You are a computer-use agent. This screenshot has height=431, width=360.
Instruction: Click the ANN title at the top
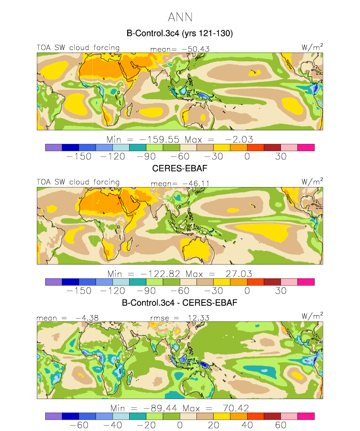coord(180,17)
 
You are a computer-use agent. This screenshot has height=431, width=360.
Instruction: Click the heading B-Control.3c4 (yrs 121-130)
coord(180,33)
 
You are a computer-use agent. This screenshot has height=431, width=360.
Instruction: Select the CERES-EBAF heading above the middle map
coord(180,168)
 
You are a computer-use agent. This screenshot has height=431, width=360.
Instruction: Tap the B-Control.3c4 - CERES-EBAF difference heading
coord(180,303)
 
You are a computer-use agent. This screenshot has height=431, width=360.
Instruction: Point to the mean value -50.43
coord(195,49)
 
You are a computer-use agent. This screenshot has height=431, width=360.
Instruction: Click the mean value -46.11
coord(196,183)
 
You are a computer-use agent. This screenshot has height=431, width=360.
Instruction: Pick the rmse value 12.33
coord(198,318)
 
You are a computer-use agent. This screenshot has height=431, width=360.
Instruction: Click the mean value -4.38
coord(87,318)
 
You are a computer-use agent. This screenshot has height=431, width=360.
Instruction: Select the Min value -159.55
coord(159,139)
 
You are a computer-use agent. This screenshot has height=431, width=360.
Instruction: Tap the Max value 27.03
coord(239,274)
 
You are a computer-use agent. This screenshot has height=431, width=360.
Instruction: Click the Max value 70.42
coord(236,408)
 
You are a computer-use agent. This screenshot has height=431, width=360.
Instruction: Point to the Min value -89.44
coord(160,408)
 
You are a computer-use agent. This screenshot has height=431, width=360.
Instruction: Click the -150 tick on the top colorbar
coord(79,157)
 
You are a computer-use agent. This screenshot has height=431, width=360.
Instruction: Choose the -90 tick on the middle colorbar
coord(146,291)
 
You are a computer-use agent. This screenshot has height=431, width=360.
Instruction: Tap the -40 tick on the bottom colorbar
coord(112,425)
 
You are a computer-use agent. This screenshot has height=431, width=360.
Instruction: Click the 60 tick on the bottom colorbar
coord(281,425)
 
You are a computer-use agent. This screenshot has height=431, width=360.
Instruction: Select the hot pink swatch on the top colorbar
coord(306,148)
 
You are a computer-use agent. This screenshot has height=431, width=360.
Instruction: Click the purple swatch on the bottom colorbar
coord(54,416)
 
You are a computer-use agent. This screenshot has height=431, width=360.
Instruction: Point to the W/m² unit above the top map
coord(312,47)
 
